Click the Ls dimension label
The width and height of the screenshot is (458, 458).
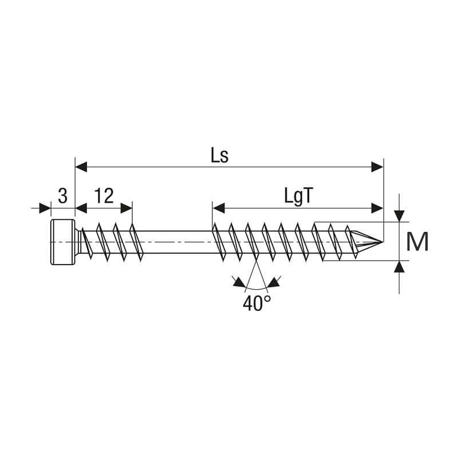coord(220,156)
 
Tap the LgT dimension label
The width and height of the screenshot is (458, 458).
coord(298,196)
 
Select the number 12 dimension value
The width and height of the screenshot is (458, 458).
coord(104,196)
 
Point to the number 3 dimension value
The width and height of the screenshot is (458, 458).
coord(63,196)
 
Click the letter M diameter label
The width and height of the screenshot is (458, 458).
coord(417,242)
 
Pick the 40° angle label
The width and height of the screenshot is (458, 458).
coord(256,303)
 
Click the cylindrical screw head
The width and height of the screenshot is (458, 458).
coord(63,242)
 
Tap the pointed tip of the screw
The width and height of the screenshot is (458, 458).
coord(382,242)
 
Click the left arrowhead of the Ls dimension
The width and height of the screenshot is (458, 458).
coord(81,167)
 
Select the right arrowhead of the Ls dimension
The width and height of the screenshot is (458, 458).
coord(377,167)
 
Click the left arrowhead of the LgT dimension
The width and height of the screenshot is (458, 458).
coord(219,208)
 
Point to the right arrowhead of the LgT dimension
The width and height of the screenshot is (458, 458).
coord(377,208)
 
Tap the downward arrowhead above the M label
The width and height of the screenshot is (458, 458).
coord(399,216)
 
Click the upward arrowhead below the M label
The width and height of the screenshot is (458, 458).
coord(399,266)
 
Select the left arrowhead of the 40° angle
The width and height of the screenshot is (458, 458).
coord(239,283)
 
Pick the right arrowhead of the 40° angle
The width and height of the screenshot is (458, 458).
coord(274,282)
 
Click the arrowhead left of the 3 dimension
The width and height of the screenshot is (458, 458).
coord(45,208)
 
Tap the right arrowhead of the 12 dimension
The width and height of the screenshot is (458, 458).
coord(127,208)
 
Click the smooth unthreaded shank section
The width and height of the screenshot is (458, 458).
coord(177,242)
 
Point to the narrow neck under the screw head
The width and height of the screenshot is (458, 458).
coord(78,242)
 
